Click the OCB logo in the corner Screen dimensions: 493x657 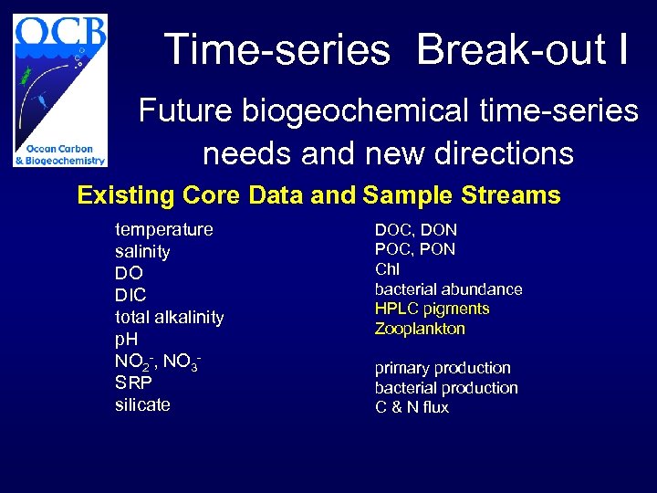[x=60, y=89]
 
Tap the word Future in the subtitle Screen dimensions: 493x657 [x=185, y=110]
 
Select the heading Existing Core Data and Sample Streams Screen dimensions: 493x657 [x=318, y=195]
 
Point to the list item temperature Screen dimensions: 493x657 [x=163, y=229]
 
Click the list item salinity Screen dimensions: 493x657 [x=142, y=251]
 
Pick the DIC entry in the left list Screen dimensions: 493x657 [x=130, y=295]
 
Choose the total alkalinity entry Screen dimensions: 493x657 [x=169, y=317]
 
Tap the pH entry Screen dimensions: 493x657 [x=129, y=339]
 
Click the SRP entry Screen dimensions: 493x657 [x=133, y=383]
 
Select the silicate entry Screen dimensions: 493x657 [x=142, y=404]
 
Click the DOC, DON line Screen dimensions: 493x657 [x=416, y=230]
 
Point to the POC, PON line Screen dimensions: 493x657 [x=415, y=249]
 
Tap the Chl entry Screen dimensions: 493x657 [x=387, y=269]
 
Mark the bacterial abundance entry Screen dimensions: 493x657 [x=448, y=289]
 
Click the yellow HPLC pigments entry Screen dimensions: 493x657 [x=432, y=309]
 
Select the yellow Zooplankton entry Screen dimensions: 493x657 [x=420, y=329]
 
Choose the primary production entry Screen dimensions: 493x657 [x=443, y=368]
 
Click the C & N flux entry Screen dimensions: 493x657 [x=412, y=407]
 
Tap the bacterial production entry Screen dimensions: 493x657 [x=446, y=388]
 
